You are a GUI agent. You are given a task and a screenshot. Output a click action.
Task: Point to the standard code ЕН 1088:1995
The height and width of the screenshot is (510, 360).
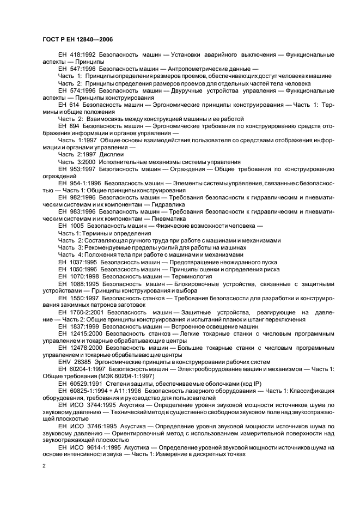[x=78, y=283]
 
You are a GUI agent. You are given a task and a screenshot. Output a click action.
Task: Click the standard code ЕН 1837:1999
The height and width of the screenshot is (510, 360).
[x=78, y=326]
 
